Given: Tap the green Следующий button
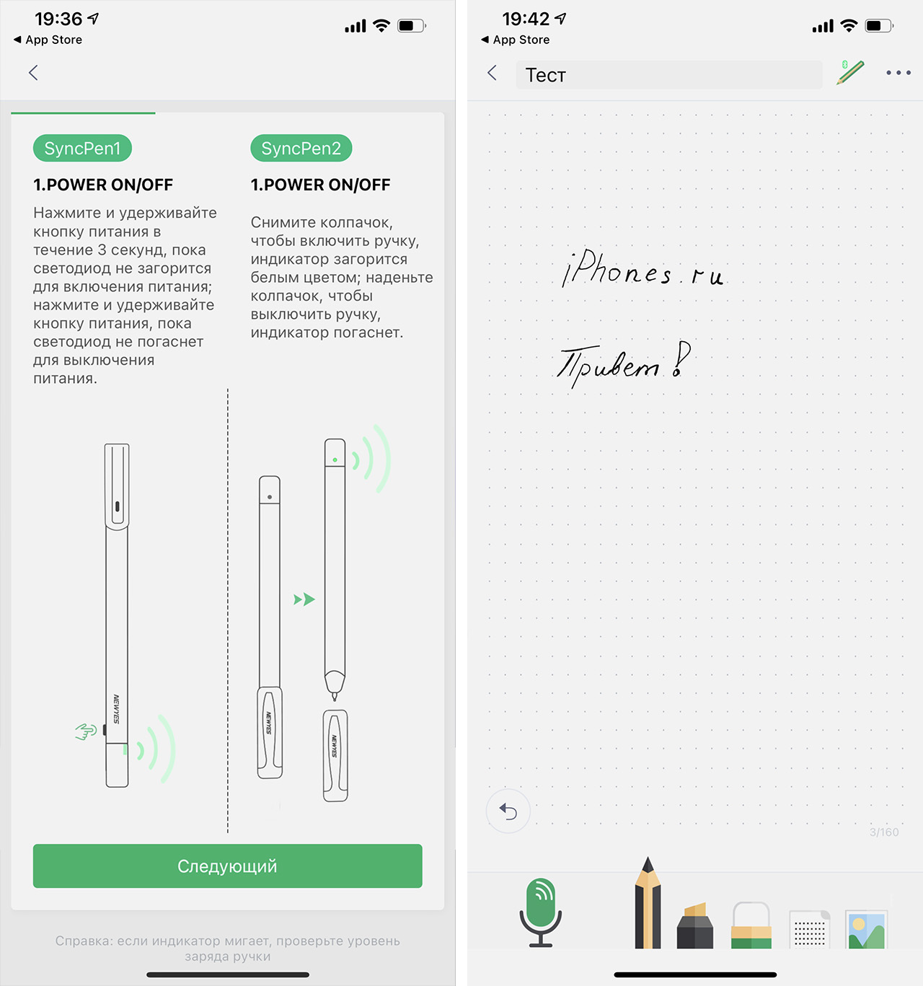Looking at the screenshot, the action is tap(227, 866).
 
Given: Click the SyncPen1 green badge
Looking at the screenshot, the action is tap(82, 148).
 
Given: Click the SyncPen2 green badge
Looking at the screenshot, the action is tap(301, 148).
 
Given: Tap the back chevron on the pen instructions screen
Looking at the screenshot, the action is tap(33, 73).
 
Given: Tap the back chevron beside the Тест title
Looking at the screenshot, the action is tap(492, 73).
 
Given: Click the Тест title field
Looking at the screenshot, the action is tap(668, 75).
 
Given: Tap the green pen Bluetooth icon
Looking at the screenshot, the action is tap(850, 72).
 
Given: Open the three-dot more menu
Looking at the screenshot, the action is tap(898, 73).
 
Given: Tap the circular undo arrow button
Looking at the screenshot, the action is tap(508, 811).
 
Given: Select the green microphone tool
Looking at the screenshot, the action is tap(541, 912).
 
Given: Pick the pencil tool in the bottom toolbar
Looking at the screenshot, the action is tap(648, 902).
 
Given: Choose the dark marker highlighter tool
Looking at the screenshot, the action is tap(694, 925).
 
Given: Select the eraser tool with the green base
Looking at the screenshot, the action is tap(751, 925).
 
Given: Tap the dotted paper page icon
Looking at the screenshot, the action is tap(809, 930).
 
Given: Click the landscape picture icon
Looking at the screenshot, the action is tap(867, 930).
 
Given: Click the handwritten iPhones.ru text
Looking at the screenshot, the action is tap(642, 268).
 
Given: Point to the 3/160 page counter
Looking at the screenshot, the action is tap(884, 832).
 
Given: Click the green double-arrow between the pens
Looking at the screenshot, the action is tap(304, 599).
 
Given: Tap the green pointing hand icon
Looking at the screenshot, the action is tap(86, 731).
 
